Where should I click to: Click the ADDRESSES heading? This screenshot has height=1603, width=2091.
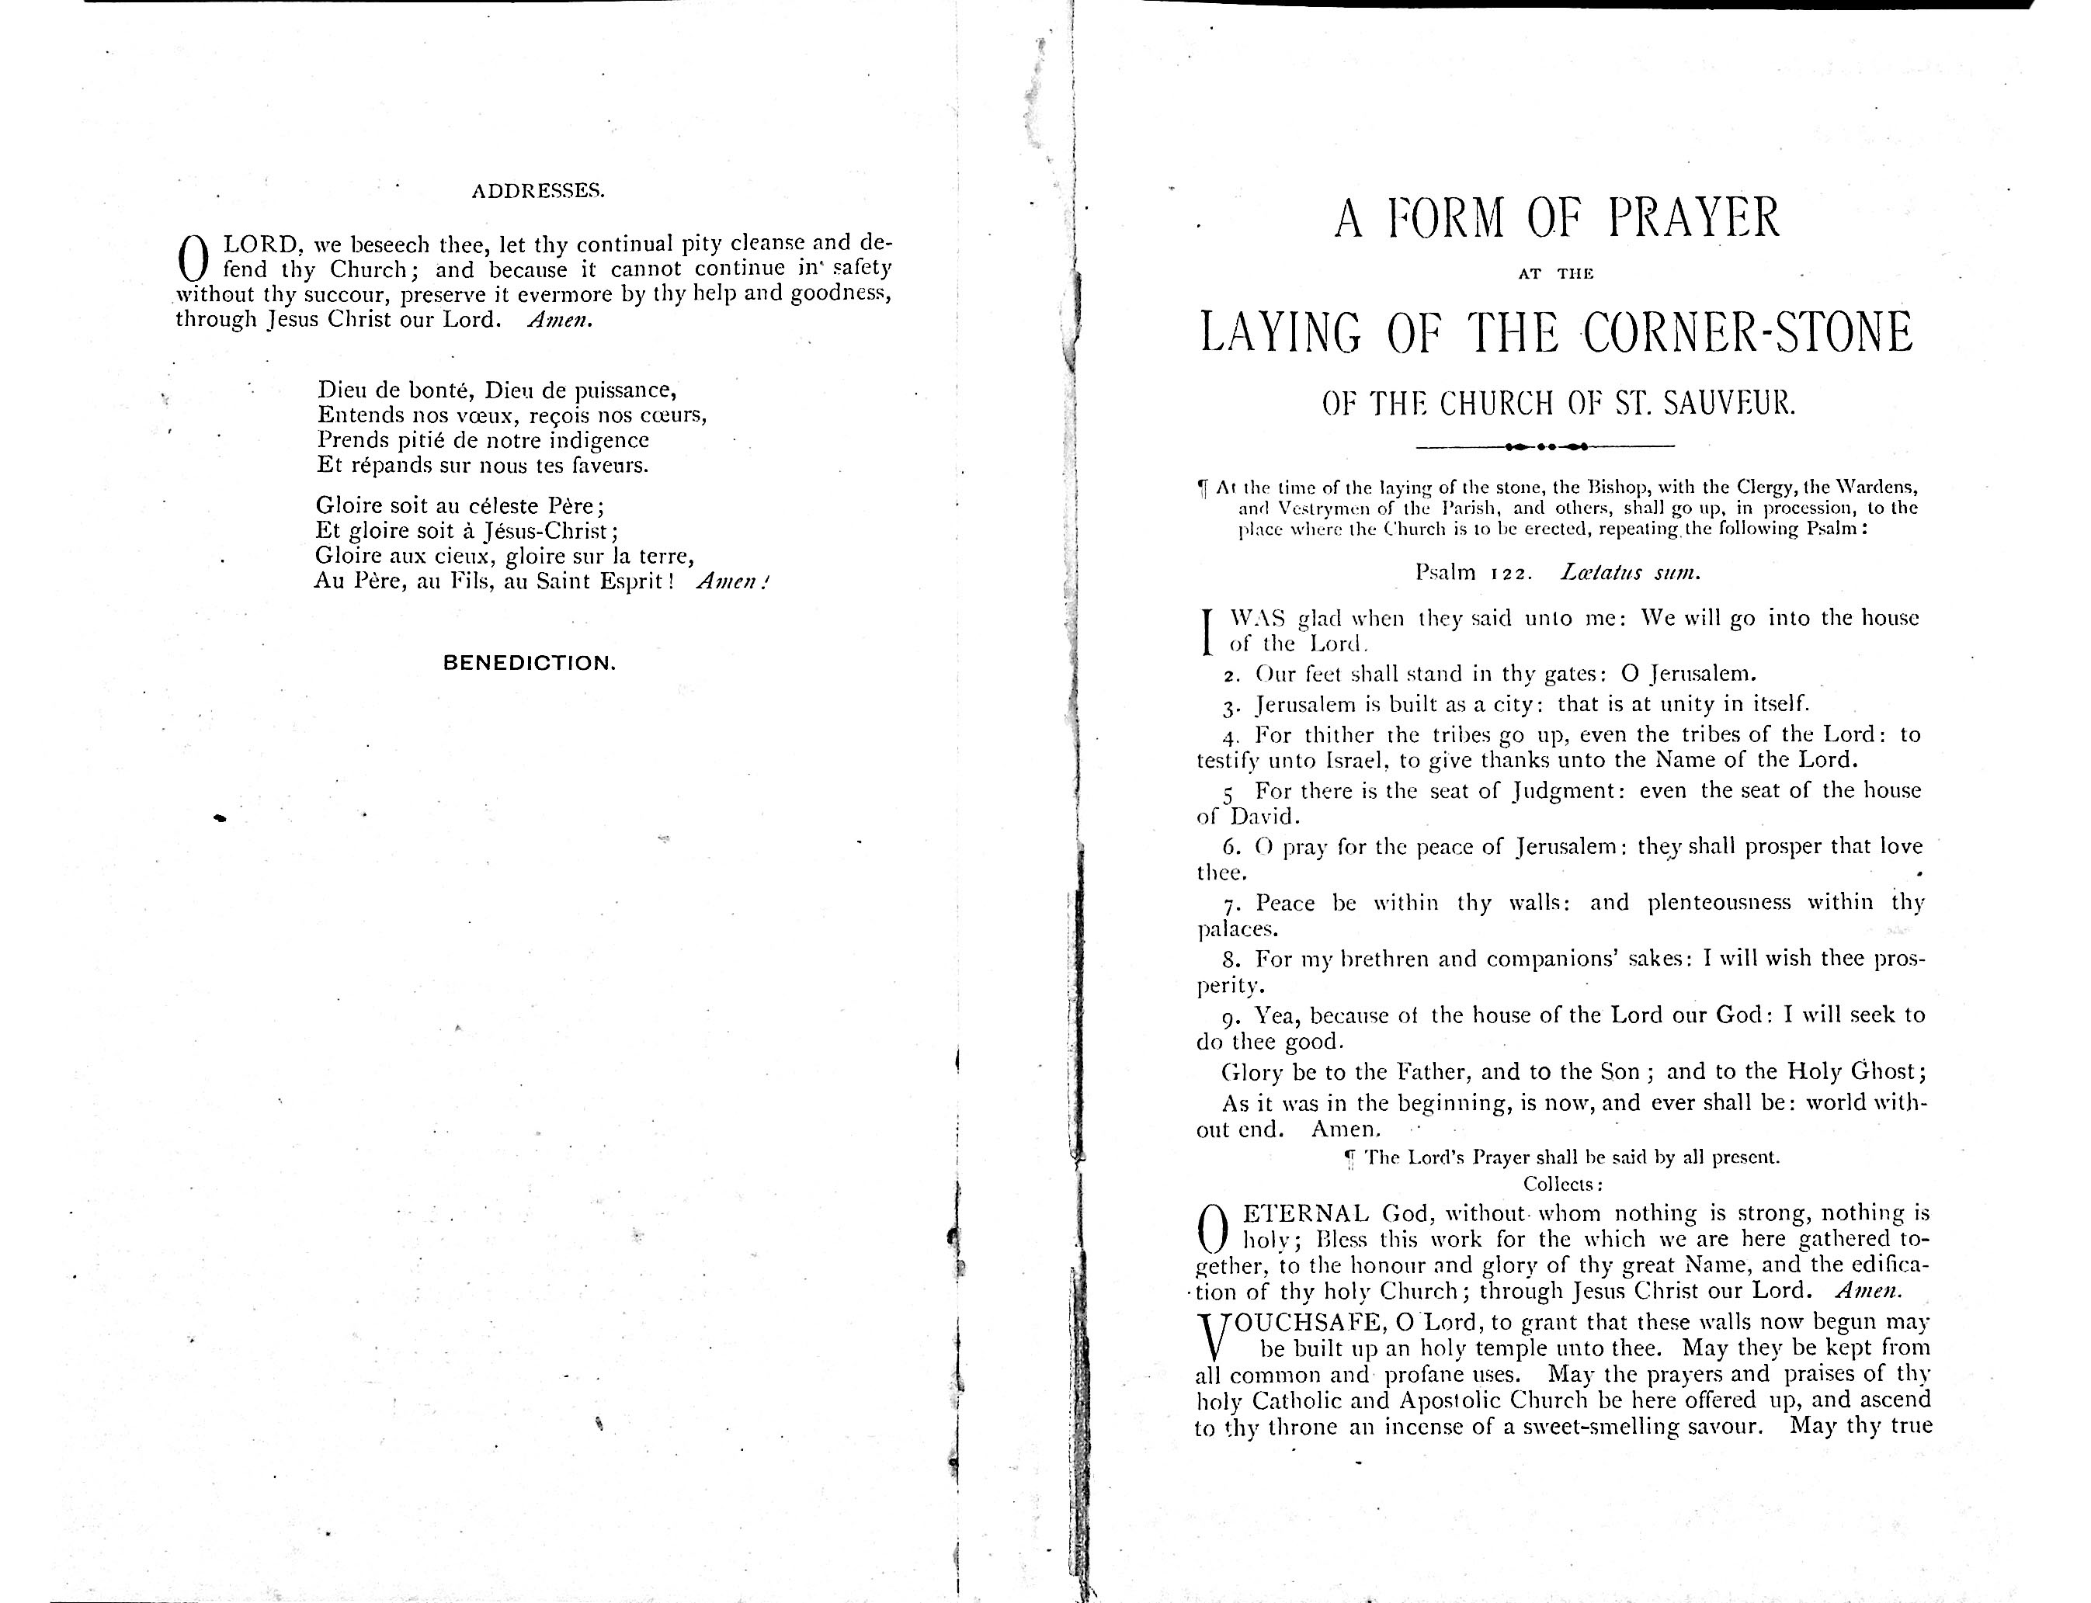coord(537,191)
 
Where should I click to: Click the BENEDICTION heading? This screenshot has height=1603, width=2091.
coord(529,663)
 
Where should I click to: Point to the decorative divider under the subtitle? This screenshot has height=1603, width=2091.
coord(1545,446)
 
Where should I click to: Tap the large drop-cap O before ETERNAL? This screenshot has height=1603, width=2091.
coord(1211,1228)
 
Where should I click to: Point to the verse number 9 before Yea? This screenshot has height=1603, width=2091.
coord(1230,1016)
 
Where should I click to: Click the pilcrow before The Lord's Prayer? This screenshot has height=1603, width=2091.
coord(1349,1158)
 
